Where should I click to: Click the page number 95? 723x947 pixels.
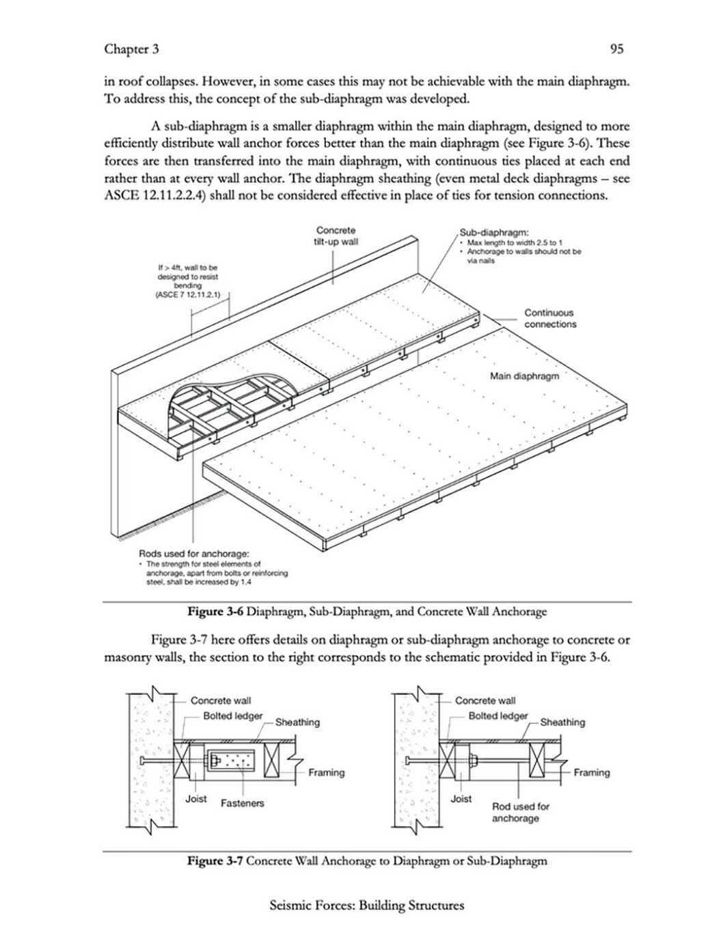click(616, 48)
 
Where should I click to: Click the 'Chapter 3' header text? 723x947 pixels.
click(131, 48)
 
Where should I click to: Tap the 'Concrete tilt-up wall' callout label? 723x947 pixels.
click(336, 236)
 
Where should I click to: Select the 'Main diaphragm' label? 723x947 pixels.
click(524, 376)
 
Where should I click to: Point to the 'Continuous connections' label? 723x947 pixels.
click(550, 318)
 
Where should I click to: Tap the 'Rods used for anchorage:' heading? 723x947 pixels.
click(193, 554)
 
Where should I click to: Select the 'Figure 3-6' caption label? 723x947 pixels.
click(215, 612)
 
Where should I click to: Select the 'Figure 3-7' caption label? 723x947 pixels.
click(215, 861)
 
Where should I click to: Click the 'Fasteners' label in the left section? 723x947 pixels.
click(242, 804)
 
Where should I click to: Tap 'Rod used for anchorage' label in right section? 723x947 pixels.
click(520, 812)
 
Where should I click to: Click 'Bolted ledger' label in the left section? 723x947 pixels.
click(233, 716)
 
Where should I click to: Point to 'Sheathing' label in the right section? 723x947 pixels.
click(562, 722)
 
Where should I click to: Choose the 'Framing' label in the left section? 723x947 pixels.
click(326, 773)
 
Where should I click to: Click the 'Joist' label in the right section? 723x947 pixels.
click(461, 799)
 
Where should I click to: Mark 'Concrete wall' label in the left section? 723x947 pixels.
click(220, 701)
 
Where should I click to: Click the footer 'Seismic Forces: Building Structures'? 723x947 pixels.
click(367, 906)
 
